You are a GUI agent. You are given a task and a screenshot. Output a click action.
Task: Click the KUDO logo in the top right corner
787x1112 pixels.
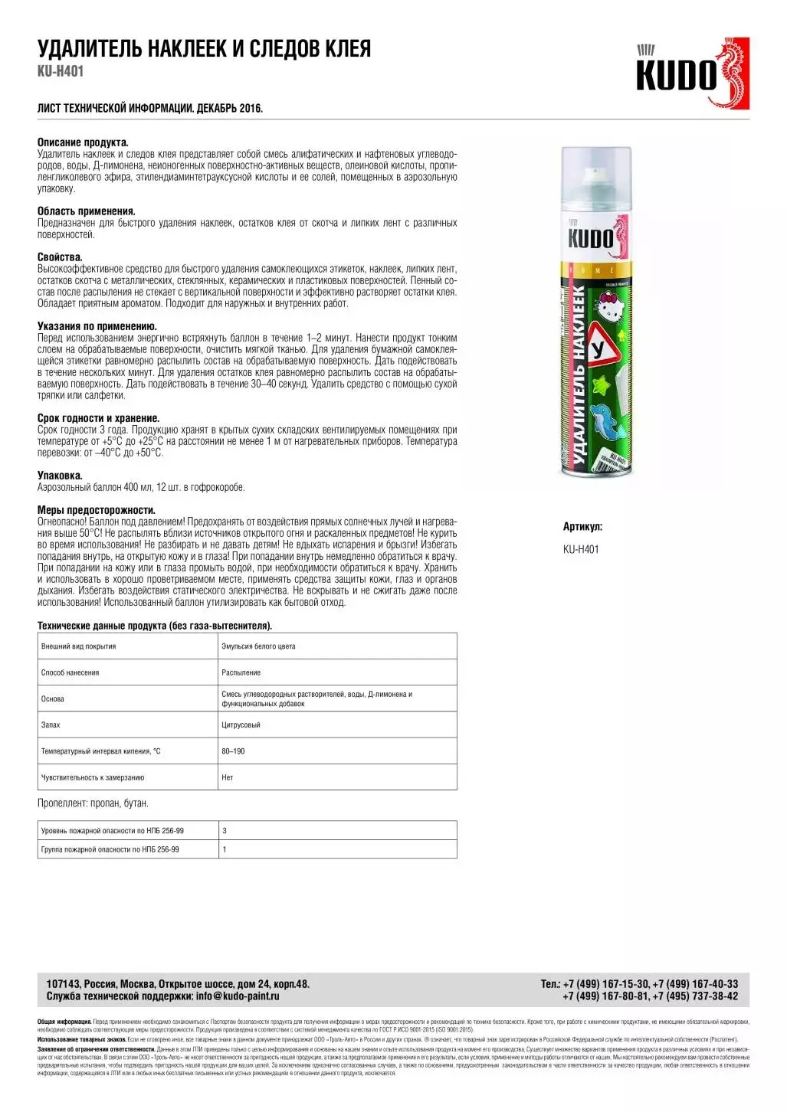point(692,74)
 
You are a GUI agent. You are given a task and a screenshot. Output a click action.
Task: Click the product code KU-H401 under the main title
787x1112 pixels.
point(61,71)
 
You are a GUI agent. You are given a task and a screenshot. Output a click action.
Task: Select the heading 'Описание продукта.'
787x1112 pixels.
point(83,142)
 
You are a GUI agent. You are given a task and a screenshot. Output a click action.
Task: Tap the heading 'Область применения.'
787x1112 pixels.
point(87,211)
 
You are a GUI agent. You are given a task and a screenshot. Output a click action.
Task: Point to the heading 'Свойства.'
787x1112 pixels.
point(60,257)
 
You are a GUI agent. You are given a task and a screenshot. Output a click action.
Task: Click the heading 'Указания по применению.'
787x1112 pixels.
point(97,326)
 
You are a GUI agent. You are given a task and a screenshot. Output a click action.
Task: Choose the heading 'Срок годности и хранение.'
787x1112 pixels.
point(99,418)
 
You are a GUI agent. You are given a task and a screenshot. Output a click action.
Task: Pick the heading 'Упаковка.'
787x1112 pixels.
point(60,476)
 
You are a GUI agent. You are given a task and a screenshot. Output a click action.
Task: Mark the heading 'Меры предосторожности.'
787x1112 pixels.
point(97,510)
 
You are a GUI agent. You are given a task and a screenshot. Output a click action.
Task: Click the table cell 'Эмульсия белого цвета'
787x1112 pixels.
point(258,646)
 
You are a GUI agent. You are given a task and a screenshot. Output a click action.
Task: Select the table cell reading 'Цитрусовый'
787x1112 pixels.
point(241,724)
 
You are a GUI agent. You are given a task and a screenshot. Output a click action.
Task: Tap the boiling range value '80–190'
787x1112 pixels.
point(233,751)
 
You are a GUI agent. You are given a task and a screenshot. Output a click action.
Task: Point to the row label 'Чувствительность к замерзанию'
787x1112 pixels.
point(93,777)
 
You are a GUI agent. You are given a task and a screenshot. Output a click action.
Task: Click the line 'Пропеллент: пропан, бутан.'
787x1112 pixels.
point(93,803)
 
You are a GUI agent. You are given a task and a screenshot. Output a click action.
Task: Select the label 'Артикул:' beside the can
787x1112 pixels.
point(582,527)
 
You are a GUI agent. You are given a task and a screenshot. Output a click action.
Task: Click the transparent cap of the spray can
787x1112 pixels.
point(596,175)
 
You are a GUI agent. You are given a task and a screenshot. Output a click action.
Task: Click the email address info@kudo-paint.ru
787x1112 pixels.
point(238,996)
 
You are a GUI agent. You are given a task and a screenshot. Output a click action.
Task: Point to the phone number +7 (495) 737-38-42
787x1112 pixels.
point(695,996)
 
